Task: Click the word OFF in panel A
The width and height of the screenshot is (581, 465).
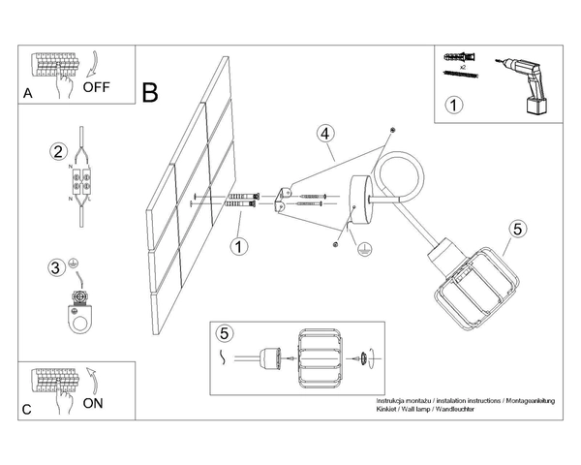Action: pos(97,86)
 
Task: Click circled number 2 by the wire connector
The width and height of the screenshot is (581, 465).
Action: pos(58,152)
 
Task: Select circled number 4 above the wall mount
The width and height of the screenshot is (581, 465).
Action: pos(325,133)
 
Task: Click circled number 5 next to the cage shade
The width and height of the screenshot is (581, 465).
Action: pos(518,230)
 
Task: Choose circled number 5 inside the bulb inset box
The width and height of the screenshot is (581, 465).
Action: pos(225,333)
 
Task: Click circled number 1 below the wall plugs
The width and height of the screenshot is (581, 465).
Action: pos(238,246)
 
